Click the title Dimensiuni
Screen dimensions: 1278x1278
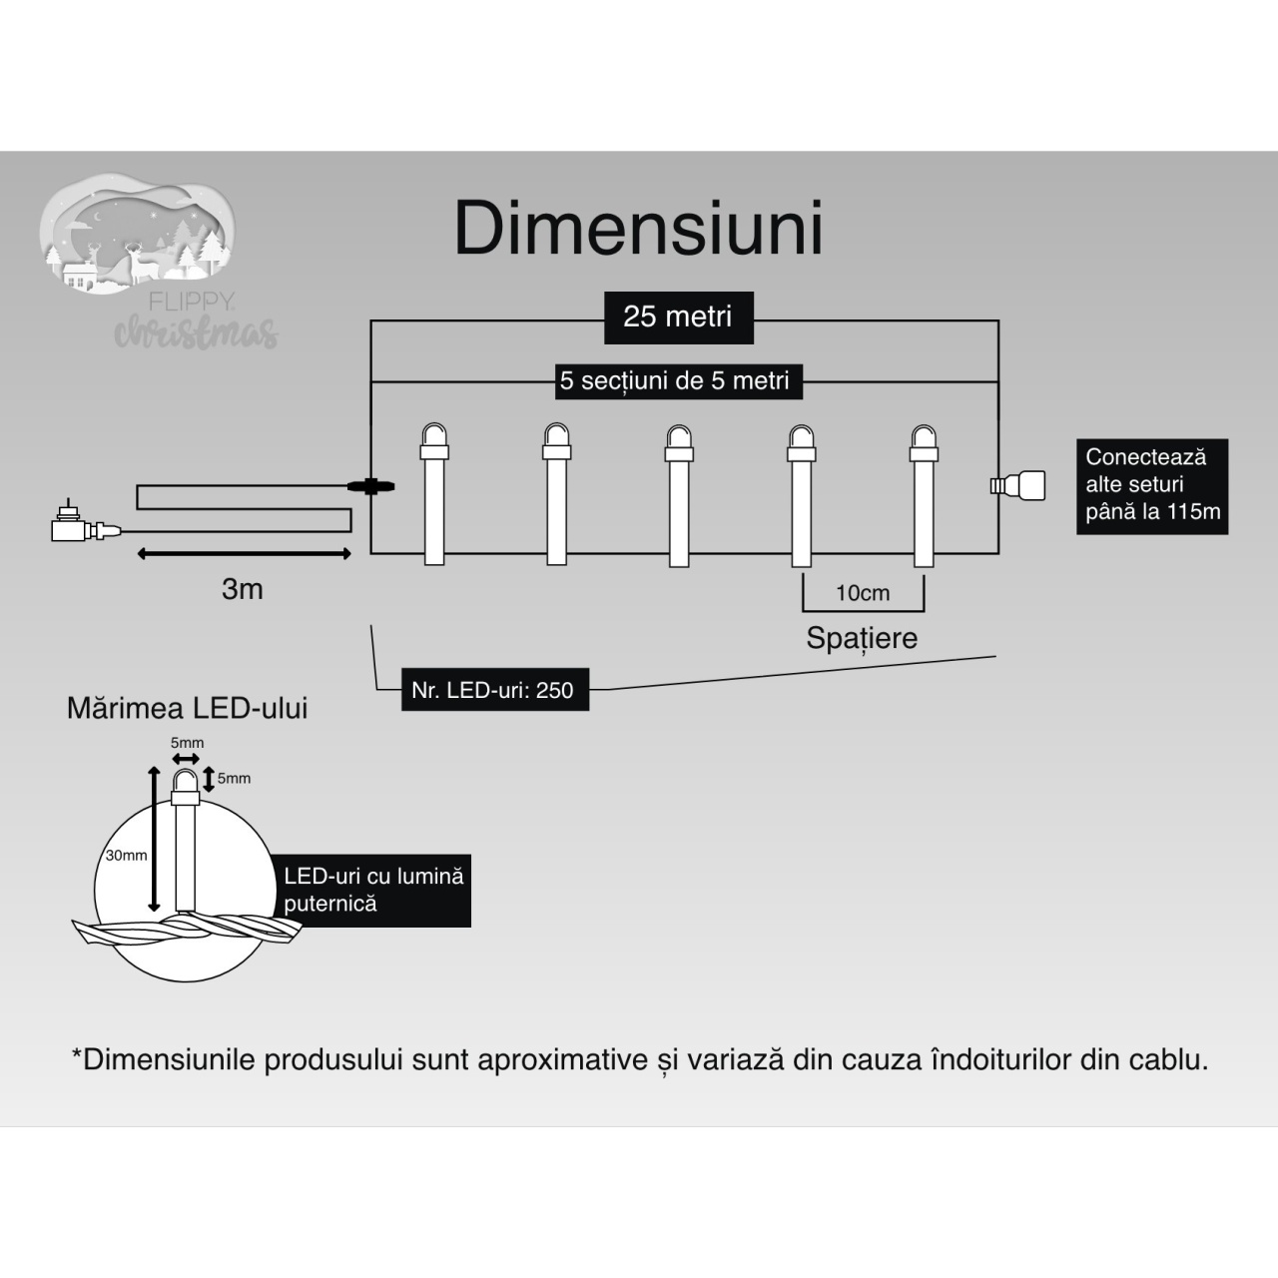[638, 229]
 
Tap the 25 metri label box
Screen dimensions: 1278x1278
[679, 318]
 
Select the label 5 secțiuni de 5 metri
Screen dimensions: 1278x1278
[679, 381]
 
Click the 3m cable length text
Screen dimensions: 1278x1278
[242, 589]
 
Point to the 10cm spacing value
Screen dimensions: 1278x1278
[863, 593]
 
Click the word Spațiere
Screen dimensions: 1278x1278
[862, 638]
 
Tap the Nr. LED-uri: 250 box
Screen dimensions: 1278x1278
[495, 690]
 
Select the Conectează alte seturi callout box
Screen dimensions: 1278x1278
[1152, 486]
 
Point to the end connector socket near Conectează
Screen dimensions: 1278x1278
[1017, 486]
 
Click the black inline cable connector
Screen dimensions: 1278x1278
[370, 487]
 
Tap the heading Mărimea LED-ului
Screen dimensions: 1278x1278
[187, 708]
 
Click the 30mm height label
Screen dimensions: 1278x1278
[126, 856]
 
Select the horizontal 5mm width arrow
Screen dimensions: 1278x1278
[186, 759]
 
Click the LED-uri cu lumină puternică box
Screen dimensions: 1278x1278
[372, 890]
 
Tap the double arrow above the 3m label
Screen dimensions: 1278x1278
[244, 554]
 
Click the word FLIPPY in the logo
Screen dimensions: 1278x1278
[191, 303]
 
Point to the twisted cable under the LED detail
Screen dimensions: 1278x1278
[187, 930]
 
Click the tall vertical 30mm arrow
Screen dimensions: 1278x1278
[154, 839]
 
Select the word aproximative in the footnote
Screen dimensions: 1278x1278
[562, 1059]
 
